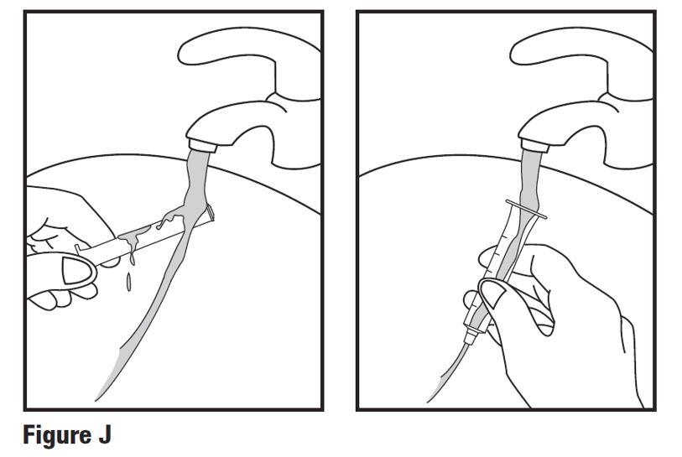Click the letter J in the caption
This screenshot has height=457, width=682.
[x=104, y=435]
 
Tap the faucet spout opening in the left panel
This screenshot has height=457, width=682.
[x=201, y=145]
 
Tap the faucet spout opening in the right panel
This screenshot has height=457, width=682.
[x=534, y=145]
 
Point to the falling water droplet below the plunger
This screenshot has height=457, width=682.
[x=128, y=283]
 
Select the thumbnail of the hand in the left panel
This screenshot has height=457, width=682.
[x=78, y=271]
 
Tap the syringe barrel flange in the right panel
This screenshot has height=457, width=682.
[x=526, y=208]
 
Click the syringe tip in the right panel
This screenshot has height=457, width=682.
[x=471, y=336]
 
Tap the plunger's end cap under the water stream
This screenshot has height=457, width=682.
[x=211, y=213]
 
